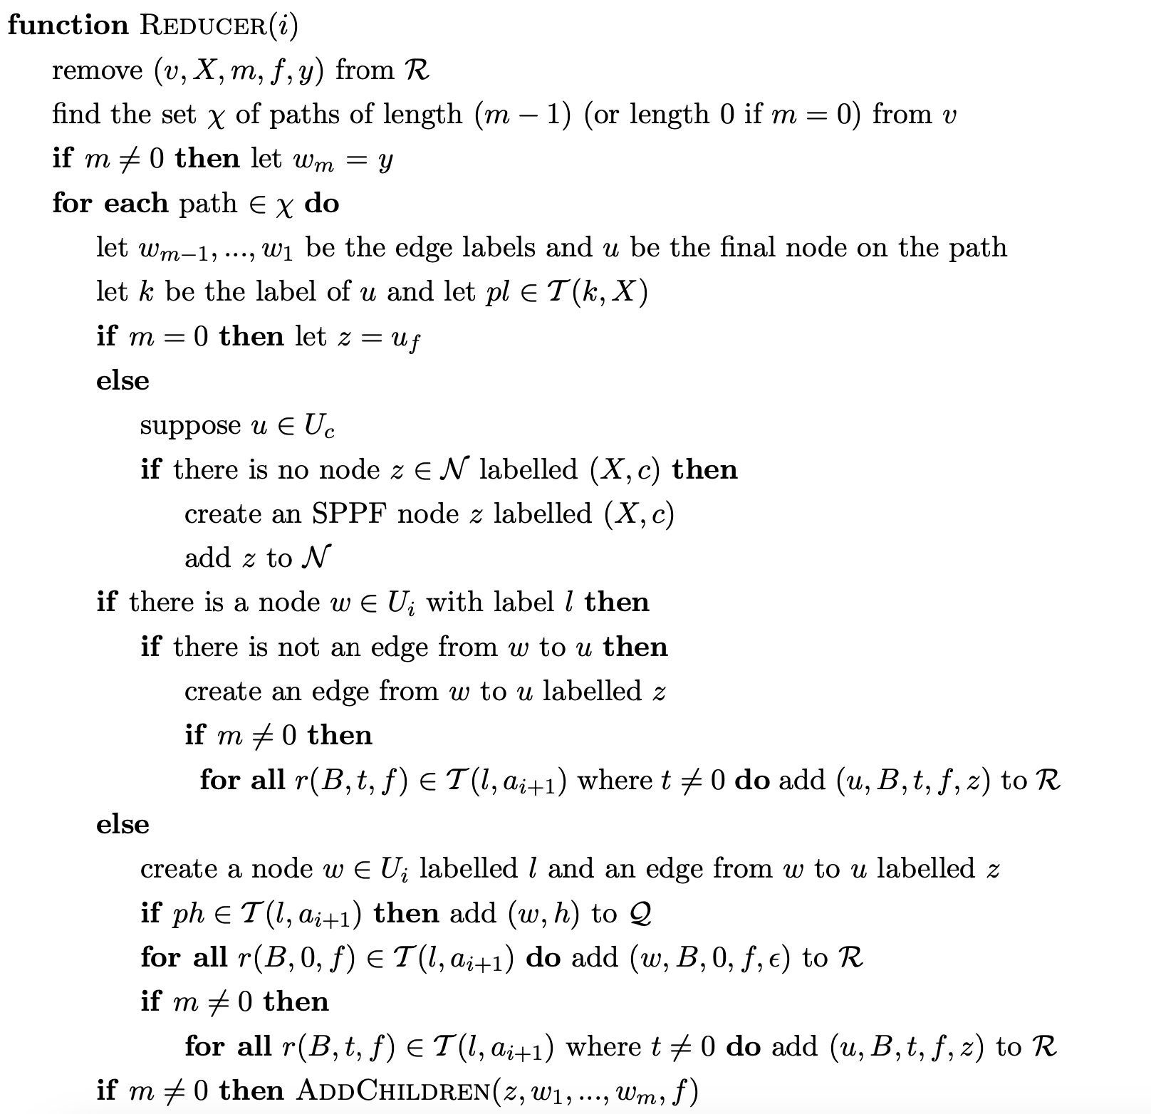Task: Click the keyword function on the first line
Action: pos(68,26)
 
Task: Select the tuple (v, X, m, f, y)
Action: pos(238,71)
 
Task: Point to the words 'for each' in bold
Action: pos(110,204)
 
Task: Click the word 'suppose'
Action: pos(190,425)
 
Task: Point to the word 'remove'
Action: pos(97,71)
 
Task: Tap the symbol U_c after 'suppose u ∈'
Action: pos(318,426)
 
